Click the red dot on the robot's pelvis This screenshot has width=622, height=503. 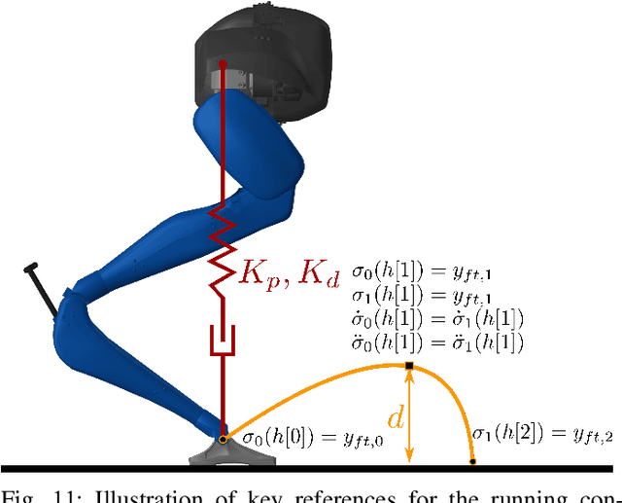coord(224,64)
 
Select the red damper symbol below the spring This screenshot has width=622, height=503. coord(224,341)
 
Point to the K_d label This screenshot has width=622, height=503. coord(316,274)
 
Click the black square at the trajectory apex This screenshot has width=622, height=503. coord(409,366)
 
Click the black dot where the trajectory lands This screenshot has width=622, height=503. coord(472,461)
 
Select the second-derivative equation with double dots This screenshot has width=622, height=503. coord(438,342)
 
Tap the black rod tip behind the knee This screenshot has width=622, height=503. coord(31,265)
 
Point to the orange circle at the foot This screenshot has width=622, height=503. coord(223,440)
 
